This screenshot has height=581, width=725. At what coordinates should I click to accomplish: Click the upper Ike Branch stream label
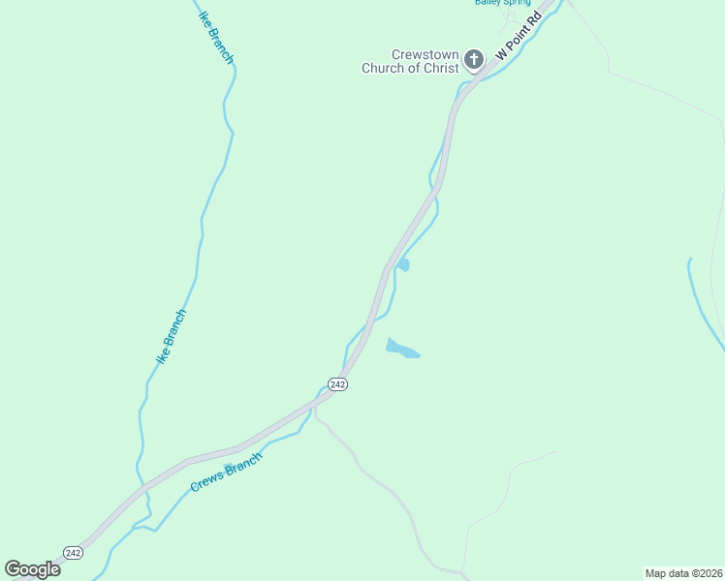[x=215, y=37]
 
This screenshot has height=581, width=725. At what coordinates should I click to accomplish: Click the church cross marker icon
[x=473, y=61]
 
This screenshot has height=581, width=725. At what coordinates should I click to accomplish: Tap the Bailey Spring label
[x=502, y=3]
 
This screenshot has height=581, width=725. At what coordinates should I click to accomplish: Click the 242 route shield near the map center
[x=337, y=384]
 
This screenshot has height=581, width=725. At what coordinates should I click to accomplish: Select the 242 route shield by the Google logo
[x=74, y=552]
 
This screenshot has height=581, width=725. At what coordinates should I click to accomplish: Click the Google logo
[x=32, y=568]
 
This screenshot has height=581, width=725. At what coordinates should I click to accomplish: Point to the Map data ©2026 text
[x=684, y=573]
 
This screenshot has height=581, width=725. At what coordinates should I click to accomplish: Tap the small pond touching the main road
[x=403, y=264]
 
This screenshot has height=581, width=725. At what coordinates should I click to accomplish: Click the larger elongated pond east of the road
[x=402, y=349]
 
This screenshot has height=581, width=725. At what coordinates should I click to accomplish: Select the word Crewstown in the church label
[x=424, y=55]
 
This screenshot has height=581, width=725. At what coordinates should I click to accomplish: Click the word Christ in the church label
[x=439, y=69]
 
